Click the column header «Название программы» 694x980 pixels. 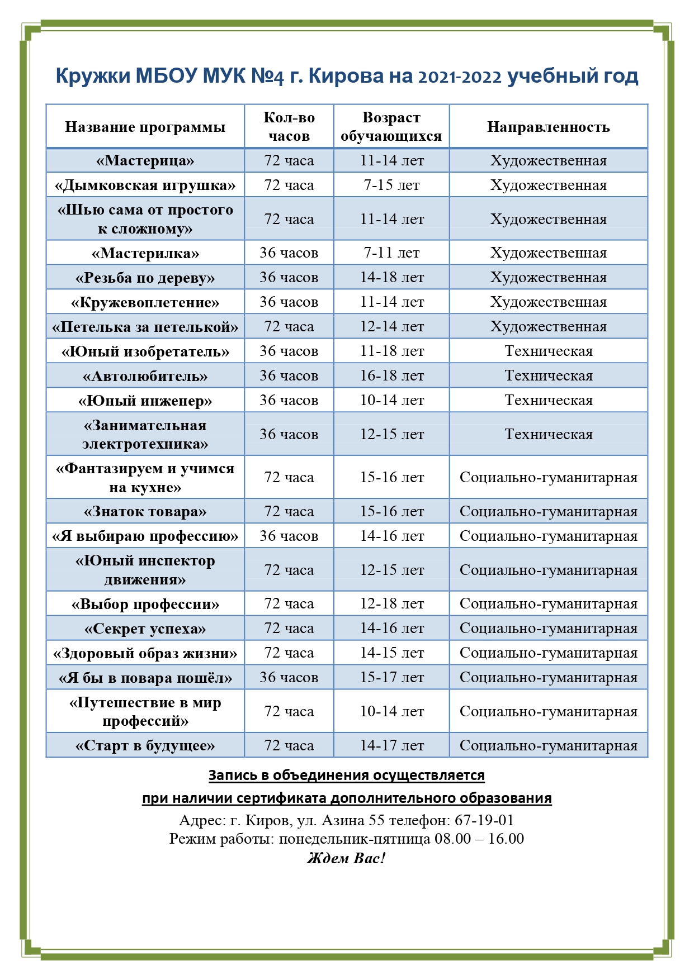(x=145, y=127)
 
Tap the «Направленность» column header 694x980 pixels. (x=548, y=127)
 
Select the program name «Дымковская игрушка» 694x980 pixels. (x=145, y=185)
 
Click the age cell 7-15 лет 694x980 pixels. (x=391, y=185)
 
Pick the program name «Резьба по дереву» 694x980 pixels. (x=145, y=278)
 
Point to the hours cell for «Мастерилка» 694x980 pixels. (x=289, y=253)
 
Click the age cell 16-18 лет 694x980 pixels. (x=391, y=376)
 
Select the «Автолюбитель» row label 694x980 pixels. (x=145, y=376)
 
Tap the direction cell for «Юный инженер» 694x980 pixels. (x=548, y=401)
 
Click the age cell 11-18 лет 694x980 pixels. (x=391, y=351)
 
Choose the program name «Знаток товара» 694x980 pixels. (x=145, y=511)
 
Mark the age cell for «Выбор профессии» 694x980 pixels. (x=391, y=604)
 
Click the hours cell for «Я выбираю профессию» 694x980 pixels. (x=289, y=536)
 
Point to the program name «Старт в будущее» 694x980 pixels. (x=145, y=746)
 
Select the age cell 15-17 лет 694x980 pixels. (x=391, y=678)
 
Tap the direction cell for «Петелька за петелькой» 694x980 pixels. (x=548, y=327)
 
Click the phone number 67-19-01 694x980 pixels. (x=484, y=820)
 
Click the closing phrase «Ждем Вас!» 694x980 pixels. (x=346, y=858)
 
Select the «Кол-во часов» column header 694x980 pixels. (x=289, y=127)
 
